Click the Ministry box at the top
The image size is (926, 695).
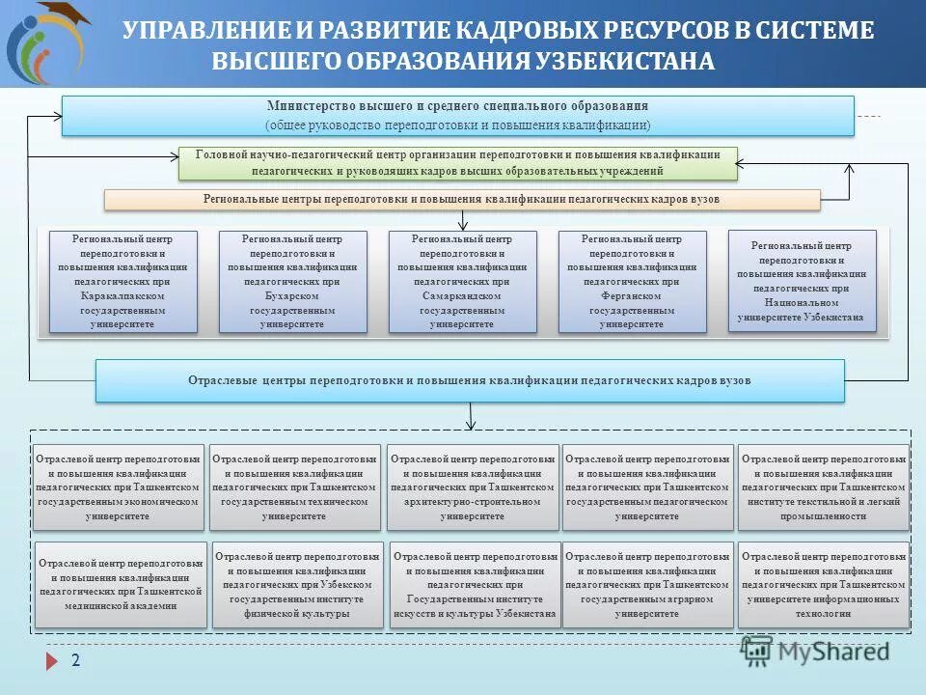(458, 116)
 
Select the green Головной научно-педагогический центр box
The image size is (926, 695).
(458, 162)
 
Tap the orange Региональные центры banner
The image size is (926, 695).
(461, 199)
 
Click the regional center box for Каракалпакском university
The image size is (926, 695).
(123, 282)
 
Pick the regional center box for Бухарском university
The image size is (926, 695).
(293, 282)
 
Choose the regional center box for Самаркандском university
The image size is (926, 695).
(462, 282)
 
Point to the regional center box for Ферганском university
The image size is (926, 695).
(632, 282)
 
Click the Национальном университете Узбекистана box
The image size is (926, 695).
(803, 281)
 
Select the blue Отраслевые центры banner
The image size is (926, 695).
(470, 380)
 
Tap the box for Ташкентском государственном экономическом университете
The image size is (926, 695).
(119, 487)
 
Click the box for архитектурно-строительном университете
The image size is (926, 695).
(473, 487)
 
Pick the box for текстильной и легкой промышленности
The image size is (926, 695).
(824, 487)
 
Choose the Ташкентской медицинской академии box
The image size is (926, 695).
(121, 585)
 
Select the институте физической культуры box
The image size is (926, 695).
(297, 585)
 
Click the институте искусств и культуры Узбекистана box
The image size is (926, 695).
(475, 585)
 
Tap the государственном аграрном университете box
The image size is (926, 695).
(647, 585)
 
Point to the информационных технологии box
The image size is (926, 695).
(824, 585)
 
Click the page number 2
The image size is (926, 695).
(75, 660)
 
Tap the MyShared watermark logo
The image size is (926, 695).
(816, 652)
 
